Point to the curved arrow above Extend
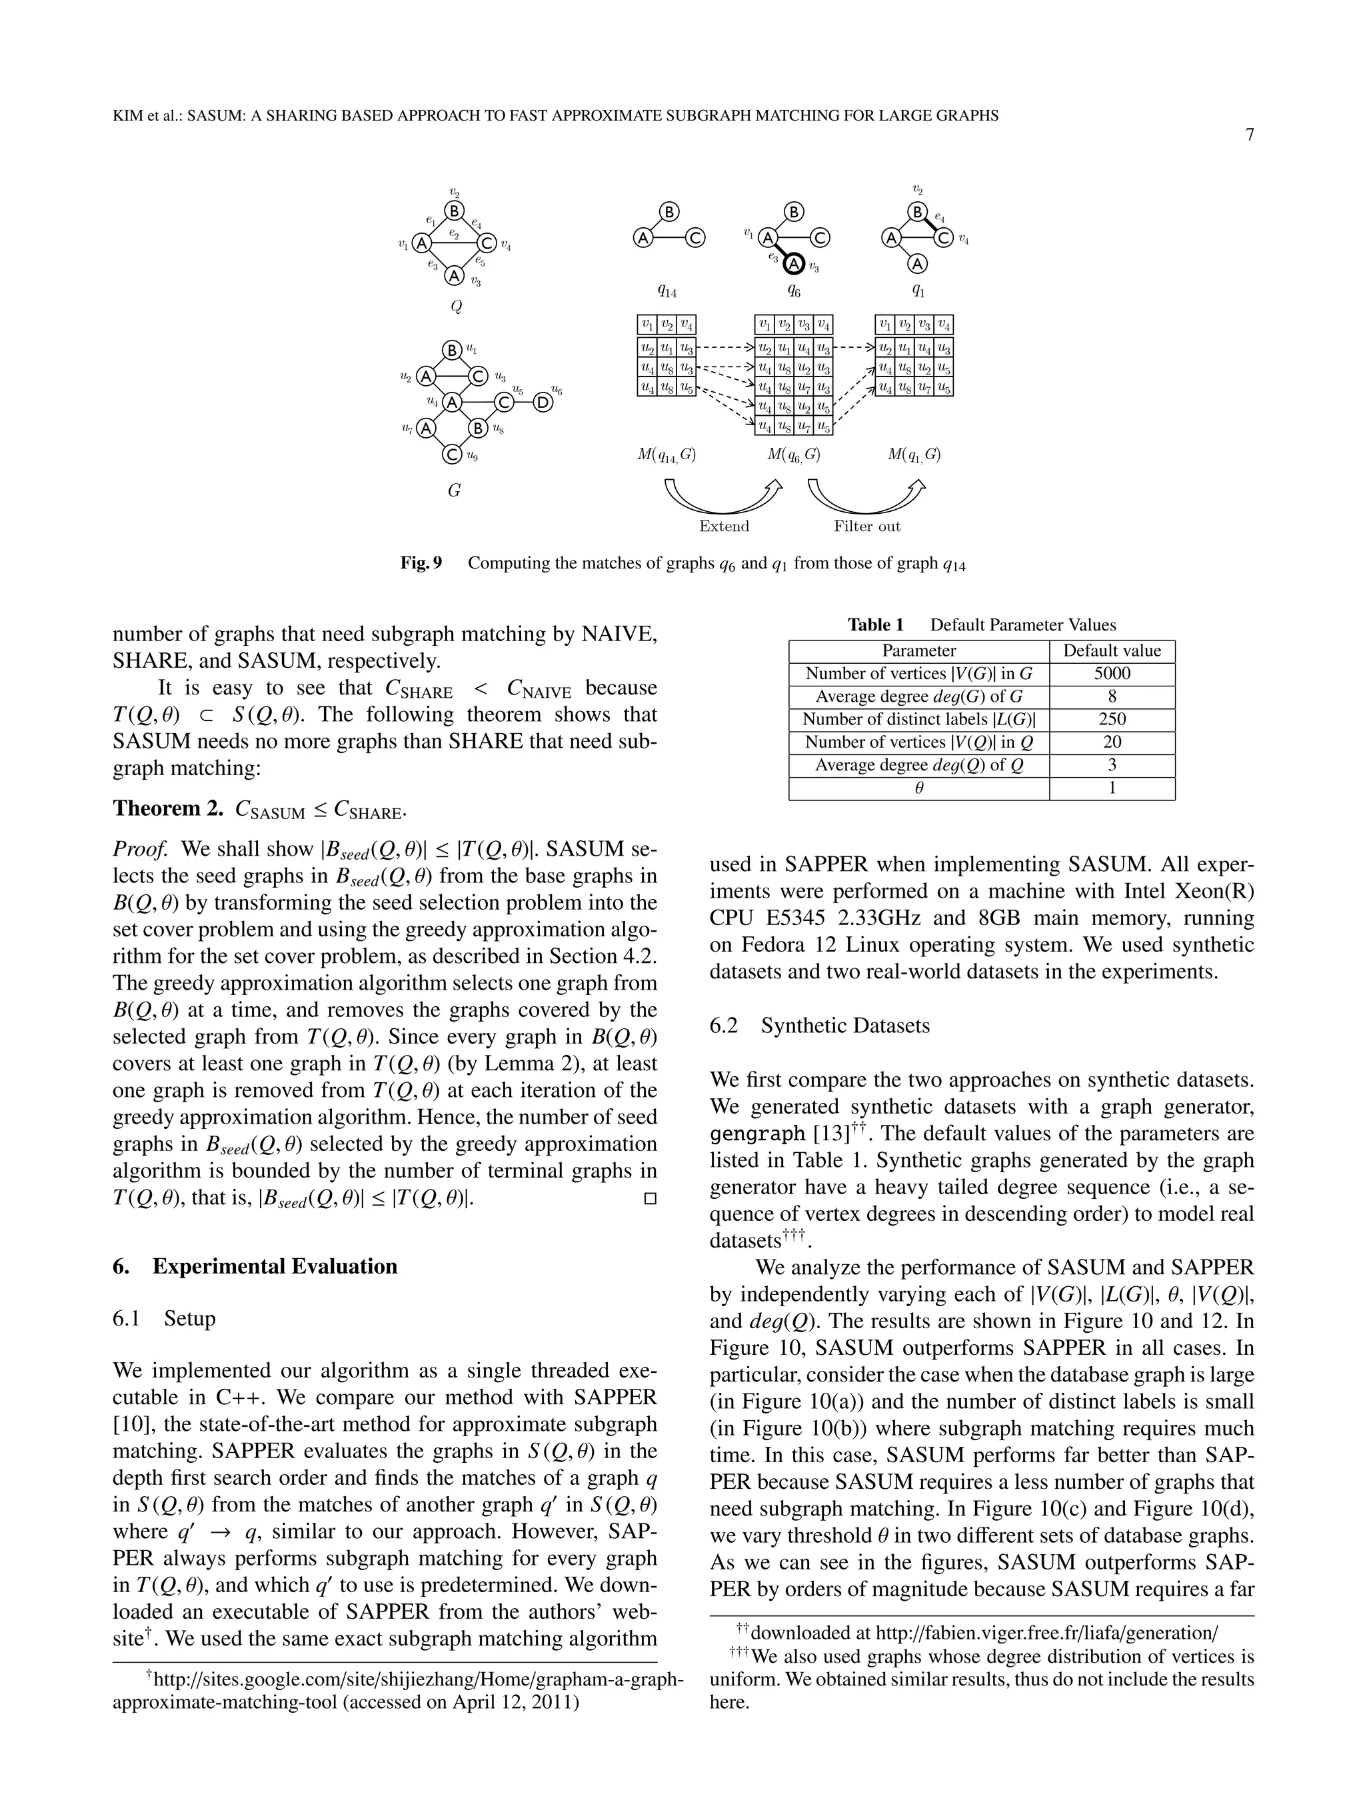coord(722,497)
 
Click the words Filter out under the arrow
coord(866,526)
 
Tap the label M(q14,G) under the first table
coord(667,455)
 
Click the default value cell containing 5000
coord(1112,673)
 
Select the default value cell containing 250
coord(1112,719)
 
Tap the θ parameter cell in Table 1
coord(919,788)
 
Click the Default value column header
coord(1112,651)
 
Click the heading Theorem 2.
coord(168,809)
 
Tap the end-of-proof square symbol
coord(649,1199)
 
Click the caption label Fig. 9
coord(421,562)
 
